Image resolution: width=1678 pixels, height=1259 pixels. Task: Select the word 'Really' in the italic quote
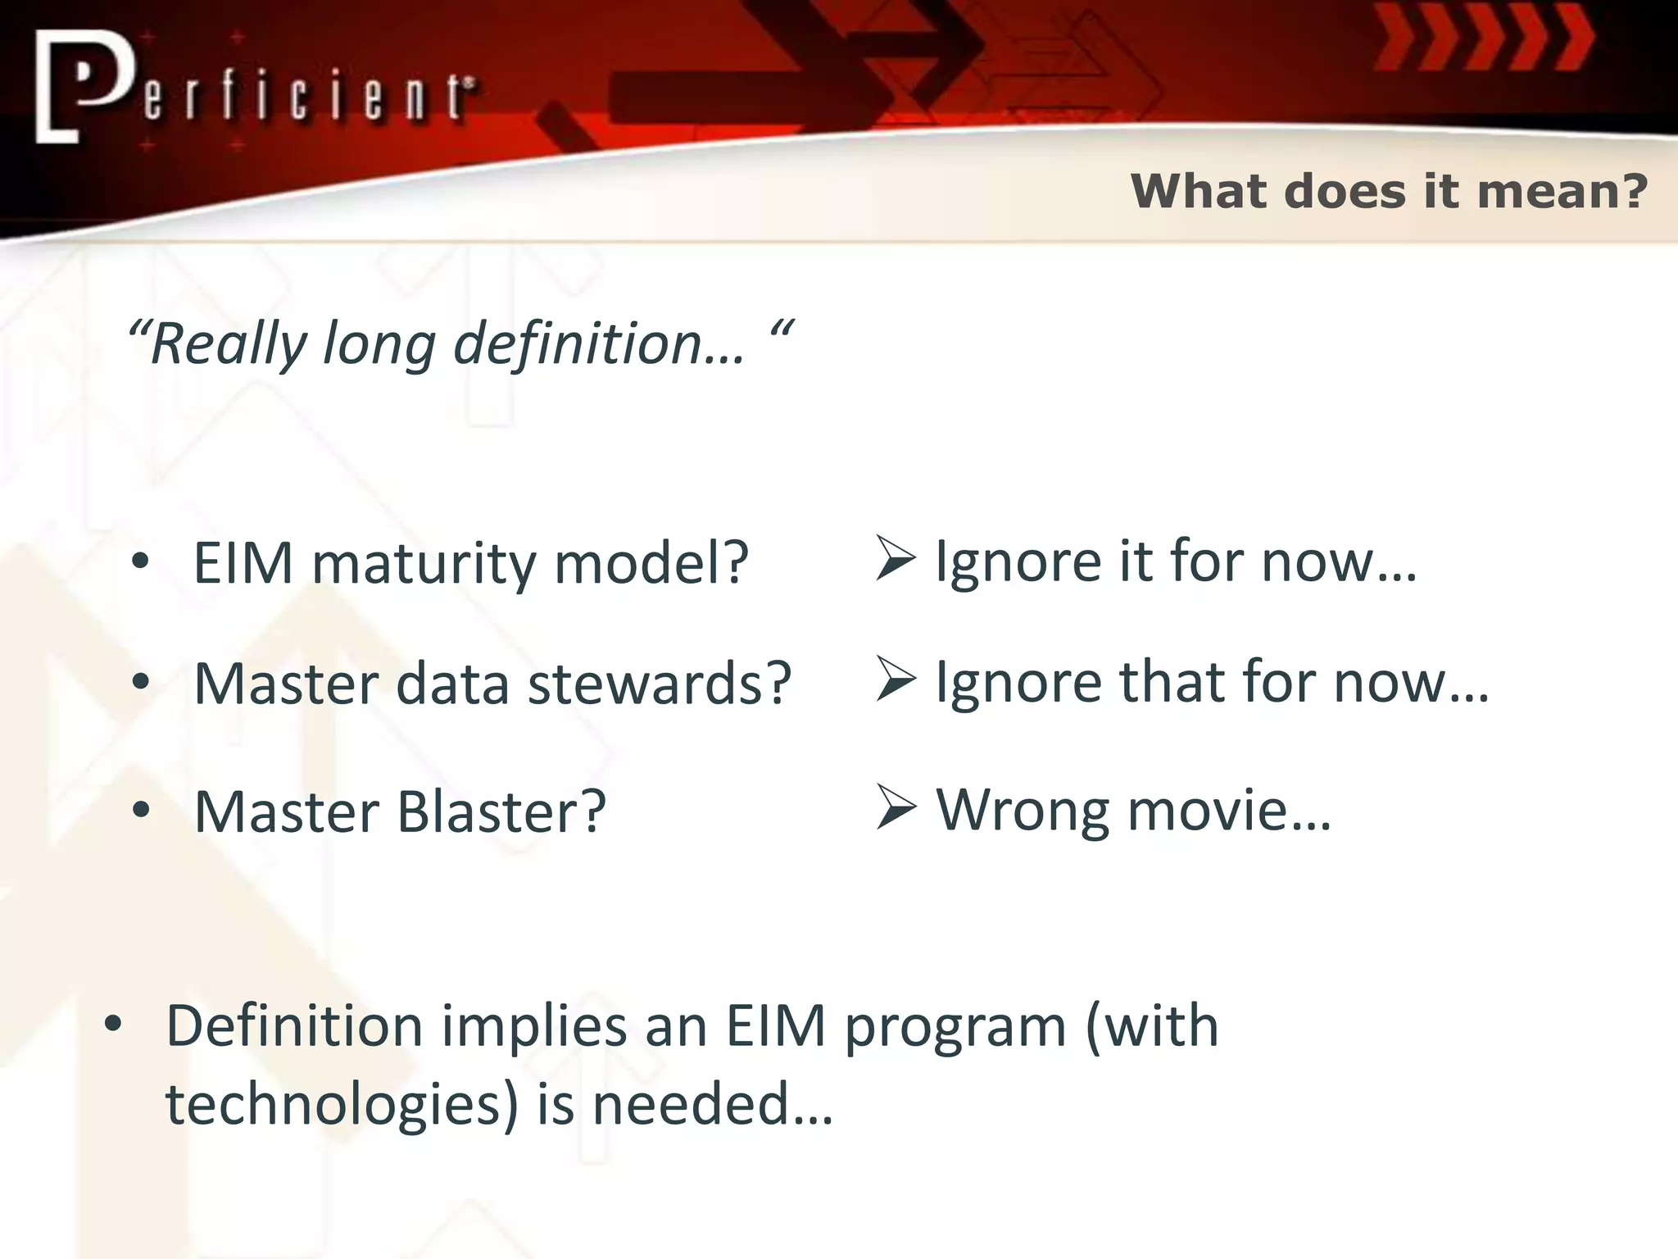[228, 344]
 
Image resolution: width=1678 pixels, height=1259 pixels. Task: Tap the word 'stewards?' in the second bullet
[660, 684]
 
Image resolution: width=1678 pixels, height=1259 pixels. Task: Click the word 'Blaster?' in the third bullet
[501, 811]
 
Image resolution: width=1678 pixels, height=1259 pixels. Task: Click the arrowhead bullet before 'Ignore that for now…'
[895, 679]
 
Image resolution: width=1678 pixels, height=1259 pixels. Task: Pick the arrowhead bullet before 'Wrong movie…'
[895, 807]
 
